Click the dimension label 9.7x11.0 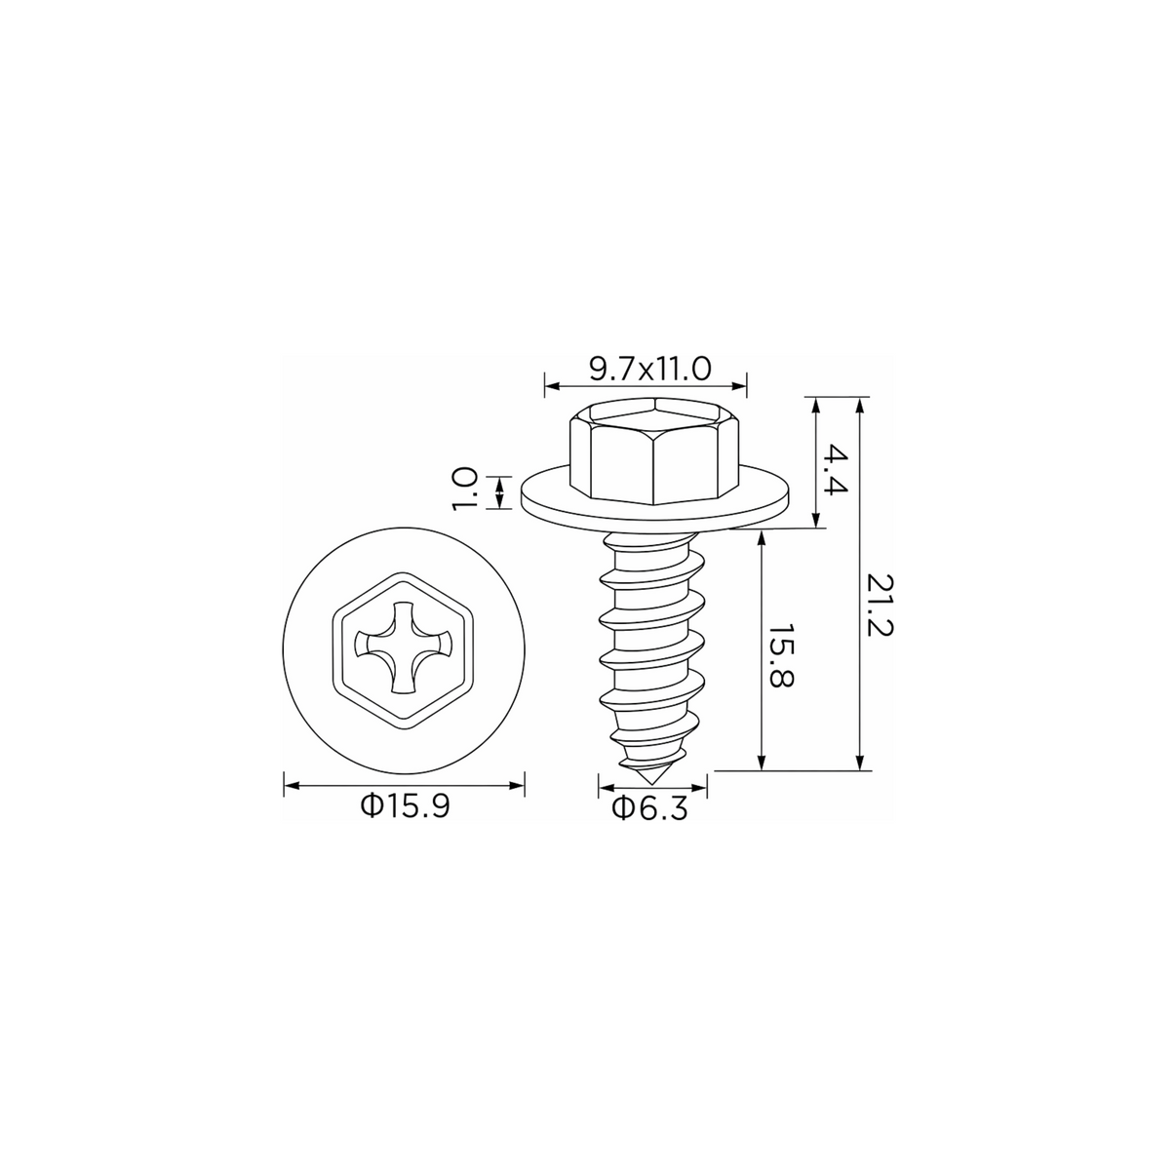650,370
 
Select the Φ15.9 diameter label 406,806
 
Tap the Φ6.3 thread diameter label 650,808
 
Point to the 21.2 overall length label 880,605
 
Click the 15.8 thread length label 780,655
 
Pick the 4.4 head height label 836,469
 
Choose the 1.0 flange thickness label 464,489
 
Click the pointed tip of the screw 652,784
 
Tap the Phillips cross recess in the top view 404,647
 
